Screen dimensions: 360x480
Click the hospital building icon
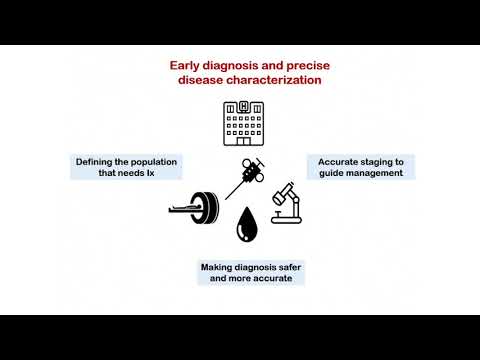(240, 121)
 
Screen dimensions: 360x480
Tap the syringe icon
(244, 178)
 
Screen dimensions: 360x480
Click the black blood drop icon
(245, 226)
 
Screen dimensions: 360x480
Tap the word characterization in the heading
(274, 81)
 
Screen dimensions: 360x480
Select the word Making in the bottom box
(218, 267)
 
